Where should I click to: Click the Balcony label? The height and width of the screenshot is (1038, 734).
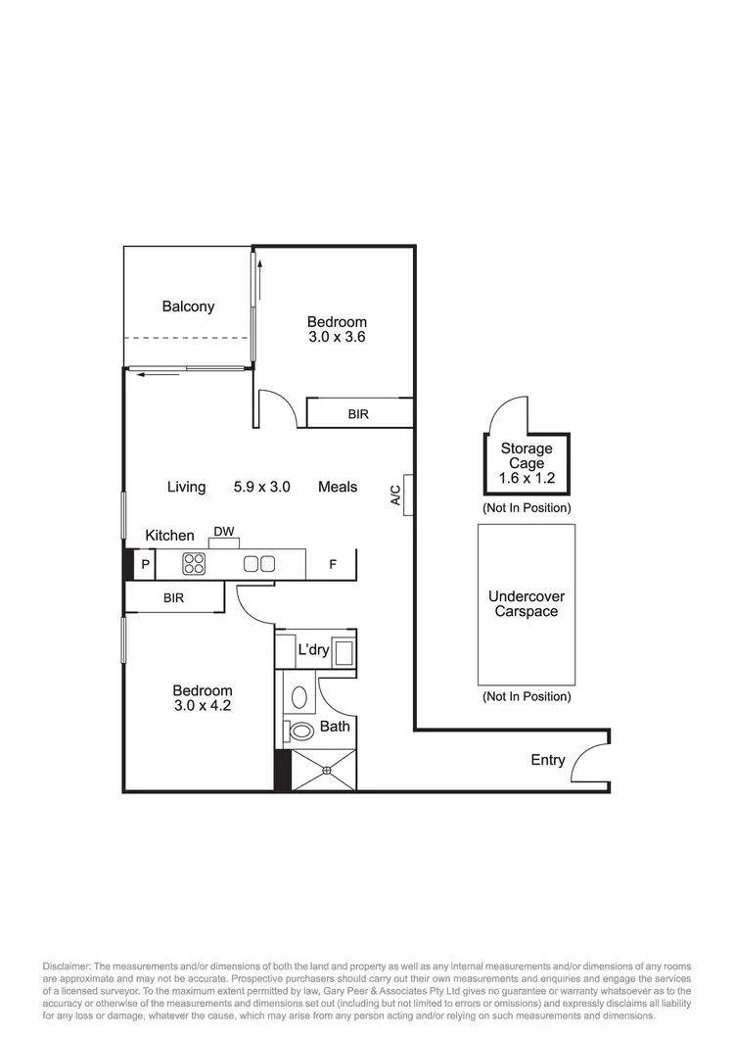[188, 307]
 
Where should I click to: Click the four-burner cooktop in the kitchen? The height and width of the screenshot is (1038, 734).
[194, 563]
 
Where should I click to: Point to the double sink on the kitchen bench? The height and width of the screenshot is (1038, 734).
[258, 563]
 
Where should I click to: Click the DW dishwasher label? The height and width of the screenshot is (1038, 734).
[224, 533]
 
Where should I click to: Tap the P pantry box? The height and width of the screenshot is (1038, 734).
[145, 564]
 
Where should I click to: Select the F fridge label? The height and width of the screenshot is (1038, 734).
[333, 564]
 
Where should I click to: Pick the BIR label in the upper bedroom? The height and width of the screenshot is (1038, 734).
[358, 414]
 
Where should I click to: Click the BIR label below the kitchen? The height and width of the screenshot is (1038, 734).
[172, 597]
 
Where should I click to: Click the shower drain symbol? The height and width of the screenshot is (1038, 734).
[327, 770]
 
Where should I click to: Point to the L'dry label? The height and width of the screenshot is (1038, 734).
[313, 650]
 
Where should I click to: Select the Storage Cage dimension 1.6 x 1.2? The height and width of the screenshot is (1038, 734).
[527, 479]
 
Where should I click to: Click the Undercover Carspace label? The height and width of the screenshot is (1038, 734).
[527, 604]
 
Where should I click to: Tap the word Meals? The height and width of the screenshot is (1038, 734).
[338, 487]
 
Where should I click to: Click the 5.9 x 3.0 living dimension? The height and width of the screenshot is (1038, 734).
[261, 487]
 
